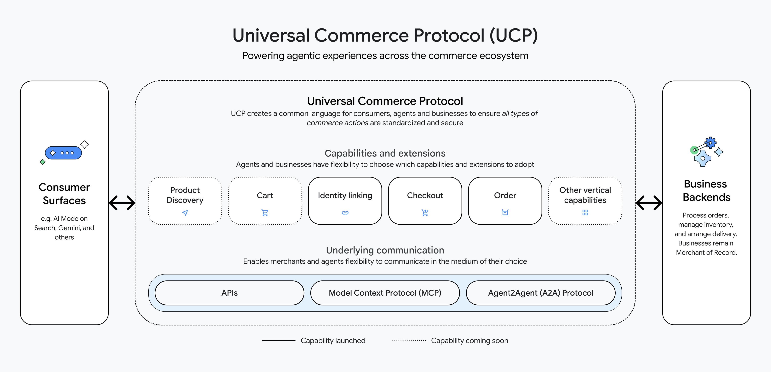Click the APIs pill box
[229, 293]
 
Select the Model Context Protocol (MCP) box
[385, 293]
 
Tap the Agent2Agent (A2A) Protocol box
[541, 293]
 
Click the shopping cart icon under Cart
[265, 213]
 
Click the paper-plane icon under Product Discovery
[185, 213]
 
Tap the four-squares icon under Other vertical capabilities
[585, 212]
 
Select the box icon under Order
[505, 212]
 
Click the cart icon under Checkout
[425, 213]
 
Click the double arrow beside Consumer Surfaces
[122, 203]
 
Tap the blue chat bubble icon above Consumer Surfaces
[63, 153]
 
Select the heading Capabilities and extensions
[385, 153]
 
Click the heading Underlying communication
[385, 250]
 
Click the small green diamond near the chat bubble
[43, 162]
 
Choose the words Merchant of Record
[706, 253]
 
